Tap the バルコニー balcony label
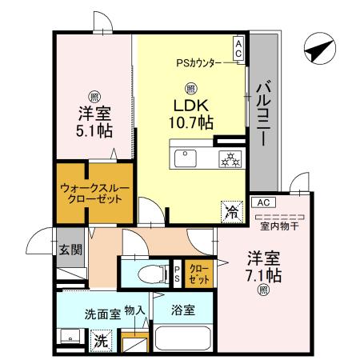point(262,116)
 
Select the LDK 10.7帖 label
point(190,114)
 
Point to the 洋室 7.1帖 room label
point(263,267)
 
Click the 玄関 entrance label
point(70,249)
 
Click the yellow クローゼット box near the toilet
point(200,274)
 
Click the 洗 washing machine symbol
point(101,340)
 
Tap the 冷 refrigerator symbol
point(230,212)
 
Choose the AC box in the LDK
point(239,49)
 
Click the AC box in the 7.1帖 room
point(266,203)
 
